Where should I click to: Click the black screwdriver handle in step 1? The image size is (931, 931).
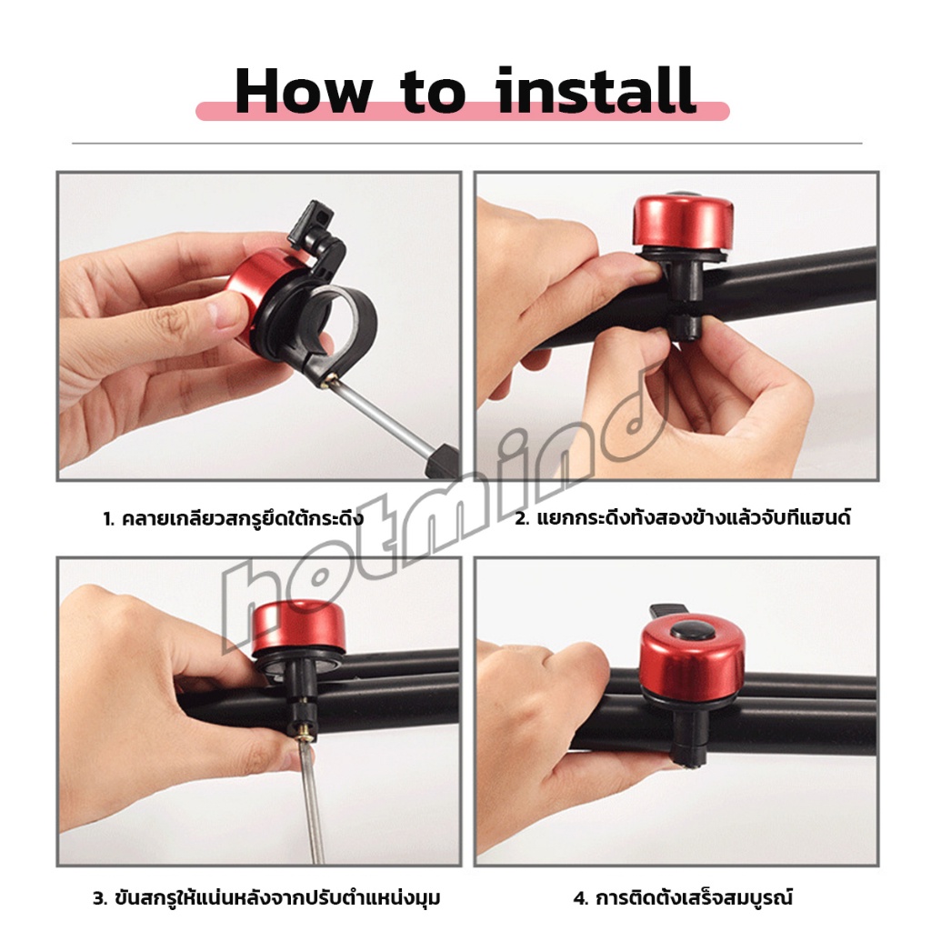[x=444, y=461]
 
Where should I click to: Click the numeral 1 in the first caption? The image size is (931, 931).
[x=107, y=519]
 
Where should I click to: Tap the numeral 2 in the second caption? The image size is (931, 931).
[x=521, y=518]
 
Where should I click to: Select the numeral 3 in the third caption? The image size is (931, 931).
[x=99, y=897]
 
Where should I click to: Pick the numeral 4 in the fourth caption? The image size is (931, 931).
[x=581, y=897]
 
